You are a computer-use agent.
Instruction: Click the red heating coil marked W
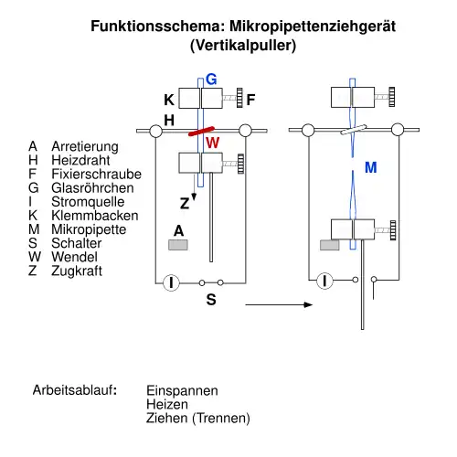click(201, 131)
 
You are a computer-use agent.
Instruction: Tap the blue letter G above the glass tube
click(211, 80)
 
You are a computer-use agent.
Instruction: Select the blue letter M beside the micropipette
click(371, 167)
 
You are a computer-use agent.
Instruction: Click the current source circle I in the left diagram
click(171, 282)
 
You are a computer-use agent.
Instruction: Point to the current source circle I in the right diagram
click(324, 281)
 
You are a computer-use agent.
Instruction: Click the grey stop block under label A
click(178, 245)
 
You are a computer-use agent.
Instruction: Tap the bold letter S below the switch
click(211, 300)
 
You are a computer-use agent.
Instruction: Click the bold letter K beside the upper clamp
click(169, 100)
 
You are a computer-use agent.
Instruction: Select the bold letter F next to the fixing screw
click(250, 100)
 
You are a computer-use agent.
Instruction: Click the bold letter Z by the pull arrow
click(185, 203)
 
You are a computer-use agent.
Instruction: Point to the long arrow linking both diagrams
click(279, 304)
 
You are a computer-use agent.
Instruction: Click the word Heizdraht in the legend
click(80, 160)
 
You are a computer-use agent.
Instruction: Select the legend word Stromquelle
click(88, 201)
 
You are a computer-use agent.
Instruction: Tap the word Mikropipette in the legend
click(89, 229)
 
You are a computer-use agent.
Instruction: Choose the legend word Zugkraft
click(77, 271)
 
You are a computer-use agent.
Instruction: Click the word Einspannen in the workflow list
click(182, 390)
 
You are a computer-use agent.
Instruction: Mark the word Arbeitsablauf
click(75, 390)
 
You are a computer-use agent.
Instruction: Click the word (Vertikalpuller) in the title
click(243, 46)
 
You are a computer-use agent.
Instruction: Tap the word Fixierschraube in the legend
click(97, 174)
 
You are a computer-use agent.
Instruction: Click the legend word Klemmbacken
click(95, 216)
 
